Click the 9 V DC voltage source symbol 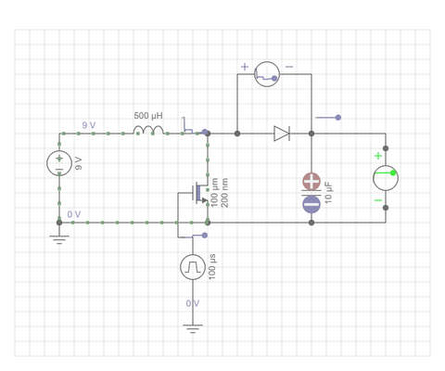click(x=59, y=163)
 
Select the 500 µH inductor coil click(x=148, y=130)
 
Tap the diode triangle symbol click(x=282, y=134)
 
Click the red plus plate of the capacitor click(x=311, y=182)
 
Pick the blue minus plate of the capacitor click(x=311, y=204)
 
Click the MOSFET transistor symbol click(x=199, y=194)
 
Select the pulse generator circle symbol click(x=193, y=267)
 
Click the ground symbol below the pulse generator click(x=193, y=328)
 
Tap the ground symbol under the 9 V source click(x=59, y=239)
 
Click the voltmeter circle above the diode click(x=267, y=74)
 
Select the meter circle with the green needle click(x=386, y=178)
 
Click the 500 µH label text click(x=148, y=116)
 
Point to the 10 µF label click(x=328, y=193)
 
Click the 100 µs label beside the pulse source click(x=212, y=267)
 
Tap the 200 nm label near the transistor click(x=224, y=193)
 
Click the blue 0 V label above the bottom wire click(x=74, y=214)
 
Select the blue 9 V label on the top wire click(x=89, y=125)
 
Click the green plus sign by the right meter click(x=378, y=156)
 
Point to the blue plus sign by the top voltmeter click(x=245, y=67)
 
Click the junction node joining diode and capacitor click(x=311, y=134)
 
